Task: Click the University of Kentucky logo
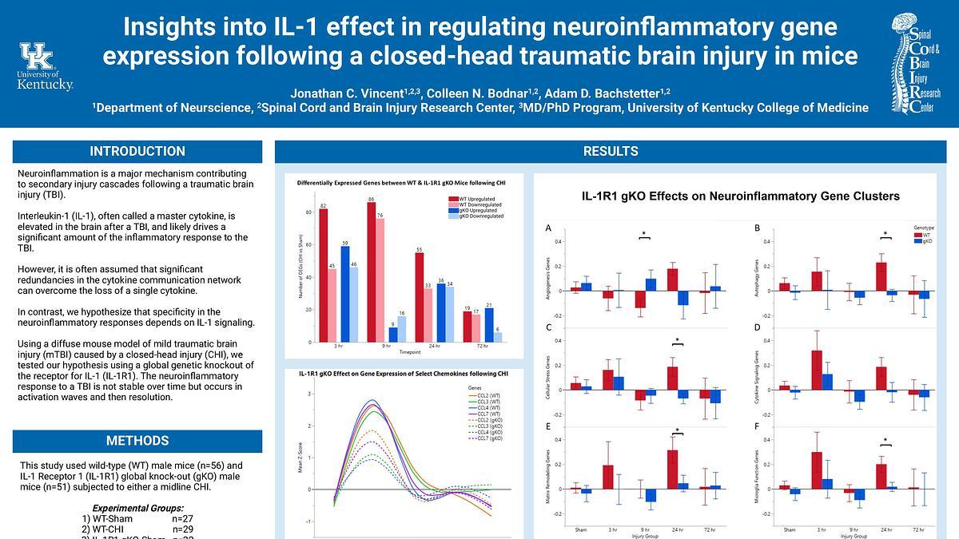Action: coord(45,66)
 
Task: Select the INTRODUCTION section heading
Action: coord(137,152)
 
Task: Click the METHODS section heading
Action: coord(137,441)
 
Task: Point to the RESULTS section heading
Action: coord(611,152)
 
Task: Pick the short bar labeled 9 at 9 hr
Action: coord(392,335)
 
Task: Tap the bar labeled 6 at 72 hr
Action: coord(498,337)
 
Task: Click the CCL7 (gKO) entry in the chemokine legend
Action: coord(487,438)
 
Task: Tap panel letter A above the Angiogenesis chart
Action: coord(548,228)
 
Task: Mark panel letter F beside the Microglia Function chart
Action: coord(757,426)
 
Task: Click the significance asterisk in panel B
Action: coord(885,234)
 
